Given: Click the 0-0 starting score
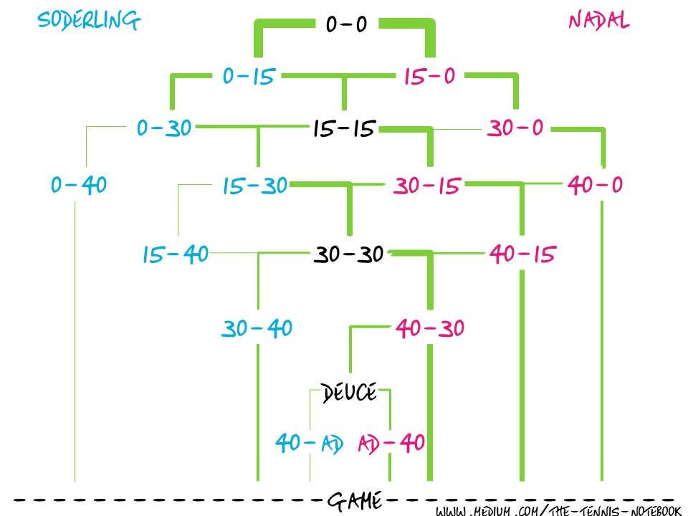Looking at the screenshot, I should pyautogui.click(x=346, y=25).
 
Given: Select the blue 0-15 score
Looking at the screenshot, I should pyautogui.click(x=249, y=76).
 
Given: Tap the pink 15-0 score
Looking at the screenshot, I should pyautogui.click(x=429, y=76).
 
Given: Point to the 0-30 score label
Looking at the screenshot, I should pyautogui.click(x=164, y=129).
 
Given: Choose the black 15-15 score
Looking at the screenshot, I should pyautogui.click(x=344, y=129).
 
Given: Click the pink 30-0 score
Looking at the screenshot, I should pyautogui.click(x=515, y=129).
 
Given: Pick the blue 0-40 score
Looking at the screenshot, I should pyautogui.click(x=79, y=186).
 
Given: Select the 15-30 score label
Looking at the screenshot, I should pyautogui.click(x=254, y=186).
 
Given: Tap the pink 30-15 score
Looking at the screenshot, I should pyautogui.click(x=426, y=186).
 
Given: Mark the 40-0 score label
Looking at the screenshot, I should pyautogui.click(x=595, y=186).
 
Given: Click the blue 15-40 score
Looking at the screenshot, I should pyautogui.click(x=176, y=254).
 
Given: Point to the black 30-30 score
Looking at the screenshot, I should pyautogui.click(x=349, y=254).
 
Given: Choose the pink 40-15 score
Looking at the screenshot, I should pyautogui.click(x=522, y=254).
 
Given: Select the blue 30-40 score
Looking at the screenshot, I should pyautogui.click(x=257, y=329).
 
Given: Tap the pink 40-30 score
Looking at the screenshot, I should pyautogui.click(x=430, y=329).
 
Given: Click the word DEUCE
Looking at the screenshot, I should pyautogui.click(x=349, y=393).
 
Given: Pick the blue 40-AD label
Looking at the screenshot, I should pyautogui.click(x=309, y=443).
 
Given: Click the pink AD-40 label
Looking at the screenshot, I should pyautogui.click(x=391, y=443).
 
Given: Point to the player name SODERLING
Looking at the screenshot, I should pyautogui.click(x=89, y=21).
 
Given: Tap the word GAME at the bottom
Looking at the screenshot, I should pyautogui.click(x=353, y=500).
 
